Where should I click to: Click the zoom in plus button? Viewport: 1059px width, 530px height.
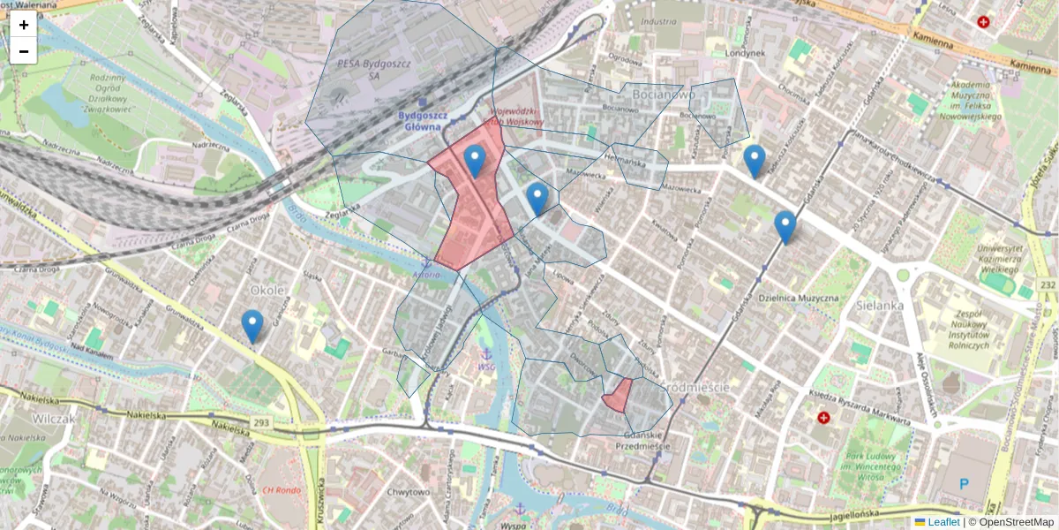pos(24,25)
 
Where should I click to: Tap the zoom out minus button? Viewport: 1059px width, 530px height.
pos(24,51)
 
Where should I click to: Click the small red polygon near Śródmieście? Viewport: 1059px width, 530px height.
pos(618,396)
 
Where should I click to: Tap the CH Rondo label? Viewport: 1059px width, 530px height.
pos(282,490)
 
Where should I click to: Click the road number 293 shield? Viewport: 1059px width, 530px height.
pos(260,423)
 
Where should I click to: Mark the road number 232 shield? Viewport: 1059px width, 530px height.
pos(1048,284)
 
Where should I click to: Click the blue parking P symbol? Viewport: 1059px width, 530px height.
pos(964,483)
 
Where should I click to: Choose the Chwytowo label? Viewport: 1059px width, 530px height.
pos(408,492)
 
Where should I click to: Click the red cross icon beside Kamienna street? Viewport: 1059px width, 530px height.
pos(983,22)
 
